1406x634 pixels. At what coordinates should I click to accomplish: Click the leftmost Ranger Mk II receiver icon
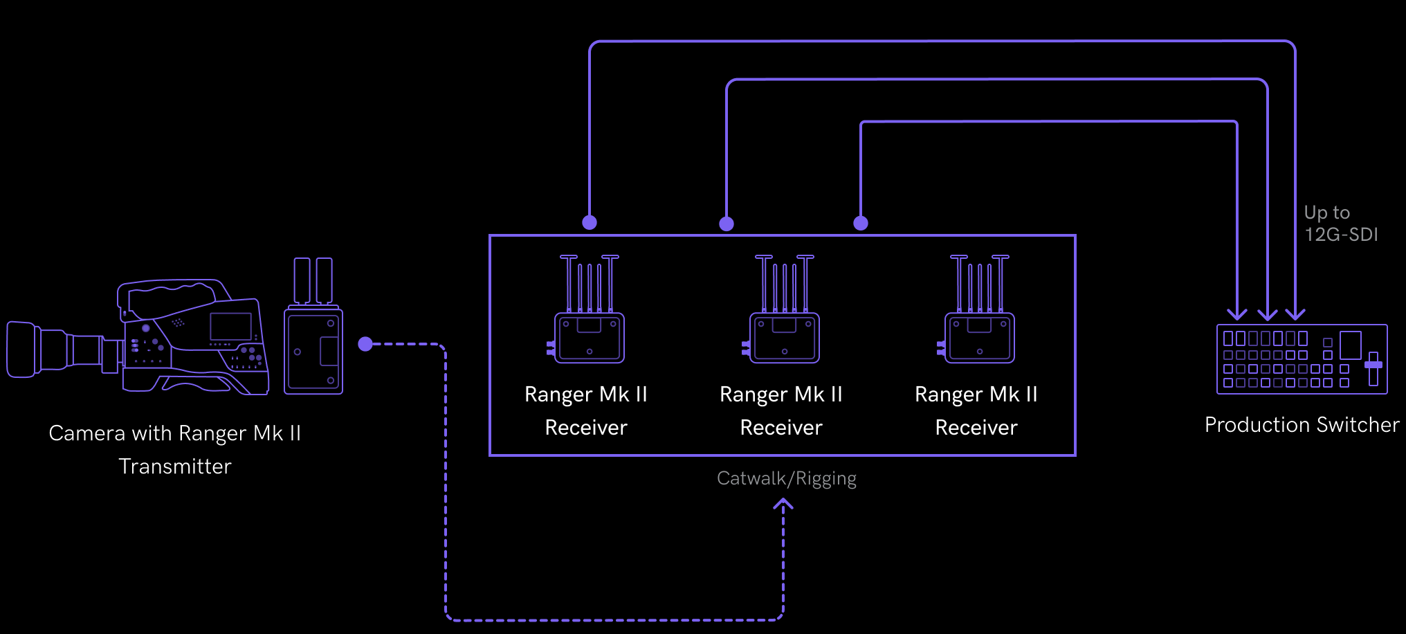pyautogui.click(x=589, y=337)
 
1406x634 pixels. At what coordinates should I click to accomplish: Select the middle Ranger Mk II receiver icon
pyautogui.click(x=784, y=337)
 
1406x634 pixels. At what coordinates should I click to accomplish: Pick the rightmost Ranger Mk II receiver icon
pyautogui.click(x=979, y=337)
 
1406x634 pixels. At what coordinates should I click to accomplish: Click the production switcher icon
pyautogui.click(x=1302, y=359)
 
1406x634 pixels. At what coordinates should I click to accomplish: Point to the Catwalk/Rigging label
pyautogui.click(x=787, y=478)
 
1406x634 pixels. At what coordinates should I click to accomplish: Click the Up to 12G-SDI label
pyautogui.click(x=1340, y=224)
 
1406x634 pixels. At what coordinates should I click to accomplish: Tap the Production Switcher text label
pyautogui.click(x=1302, y=425)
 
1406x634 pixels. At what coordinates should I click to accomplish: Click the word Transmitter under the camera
pyautogui.click(x=175, y=467)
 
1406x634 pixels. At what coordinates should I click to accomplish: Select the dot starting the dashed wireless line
pyautogui.click(x=365, y=344)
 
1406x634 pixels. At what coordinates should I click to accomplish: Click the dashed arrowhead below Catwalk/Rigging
pyautogui.click(x=783, y=505)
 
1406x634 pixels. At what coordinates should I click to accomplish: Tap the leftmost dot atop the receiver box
pyautogui.click(x=590, y=222)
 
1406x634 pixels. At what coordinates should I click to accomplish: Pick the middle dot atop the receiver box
pyautogui.click(x=727, y=224)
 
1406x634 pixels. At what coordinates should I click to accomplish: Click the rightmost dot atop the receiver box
pyautogui.click(x=861, y=223)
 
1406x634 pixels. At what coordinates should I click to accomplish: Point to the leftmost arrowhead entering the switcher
pyautogui.click(x=1237, y=315)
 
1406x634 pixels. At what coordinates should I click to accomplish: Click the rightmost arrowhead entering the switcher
pyautogui.click(x=1295, y=315)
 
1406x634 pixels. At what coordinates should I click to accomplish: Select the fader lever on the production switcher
pyautogui.click(x=1373, y=365)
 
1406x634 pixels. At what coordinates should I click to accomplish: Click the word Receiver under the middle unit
pyautogui.click(x=781, y=428)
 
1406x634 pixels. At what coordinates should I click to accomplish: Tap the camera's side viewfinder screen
pyautogui.click(x=230, y=326)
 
